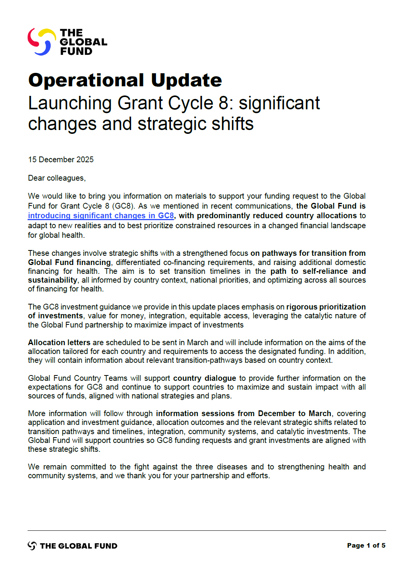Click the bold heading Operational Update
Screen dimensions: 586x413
pos(125,80)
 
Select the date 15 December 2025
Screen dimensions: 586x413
pos(61,160)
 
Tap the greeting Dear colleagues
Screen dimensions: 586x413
pos(56,178)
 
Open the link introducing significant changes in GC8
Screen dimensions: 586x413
pos(101,216)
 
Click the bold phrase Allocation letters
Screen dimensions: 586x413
pos(59,342)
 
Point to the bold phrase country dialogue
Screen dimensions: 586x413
pos(205,378)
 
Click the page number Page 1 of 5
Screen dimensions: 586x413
pos(366,545)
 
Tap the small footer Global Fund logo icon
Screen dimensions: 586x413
pos(32,546)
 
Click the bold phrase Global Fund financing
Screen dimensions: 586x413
pos(69,262)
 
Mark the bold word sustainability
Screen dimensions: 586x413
pos(52,280)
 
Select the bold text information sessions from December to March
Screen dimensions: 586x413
pos(243,413)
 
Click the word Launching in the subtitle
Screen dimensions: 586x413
pos(70,103)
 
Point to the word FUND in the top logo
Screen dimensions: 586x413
pos(76,51)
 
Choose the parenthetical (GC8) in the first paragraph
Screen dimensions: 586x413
pos(123,206)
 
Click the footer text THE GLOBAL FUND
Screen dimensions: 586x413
pos(79,546)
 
